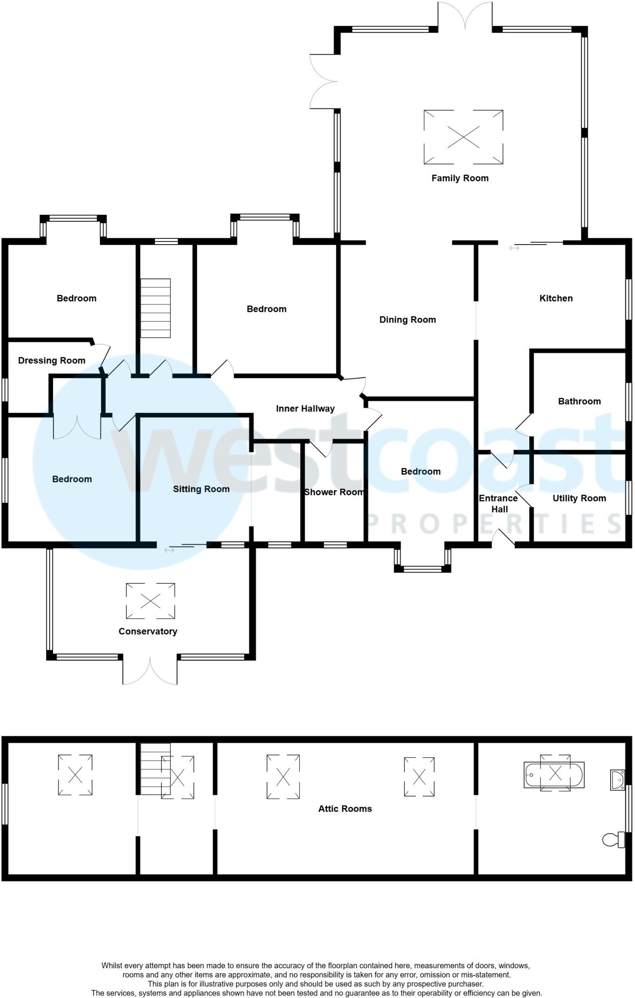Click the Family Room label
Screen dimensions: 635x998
click(x=460, y=178)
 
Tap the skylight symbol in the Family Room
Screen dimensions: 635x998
click(x=463, y=137)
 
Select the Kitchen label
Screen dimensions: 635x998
click(x=556, y=298)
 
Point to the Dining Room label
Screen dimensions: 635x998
click(x=407, y=320)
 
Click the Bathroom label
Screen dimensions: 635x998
click(x=579, y=401)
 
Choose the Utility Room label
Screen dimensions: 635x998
click(x=579, y=498)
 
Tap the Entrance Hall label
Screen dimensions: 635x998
click(x=498, y=503)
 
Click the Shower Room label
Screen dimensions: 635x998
click(x=334, y=492)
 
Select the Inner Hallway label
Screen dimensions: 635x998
click(x=305, y=408)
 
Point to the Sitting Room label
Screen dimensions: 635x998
click(x=201, y=489)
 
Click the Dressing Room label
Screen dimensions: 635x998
click(x=52, y=361)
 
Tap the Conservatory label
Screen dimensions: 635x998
click(x=148, y=631)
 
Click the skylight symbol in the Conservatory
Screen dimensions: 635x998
click(x=150, y=601)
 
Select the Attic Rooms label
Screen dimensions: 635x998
click(x=345, y=808)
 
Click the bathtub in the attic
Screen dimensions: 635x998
click(x=554, y=774)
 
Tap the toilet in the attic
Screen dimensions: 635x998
click(x=614, y=839)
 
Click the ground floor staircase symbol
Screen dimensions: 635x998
click(x=155, y=308)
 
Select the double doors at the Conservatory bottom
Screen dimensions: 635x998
click(x=150, y=671)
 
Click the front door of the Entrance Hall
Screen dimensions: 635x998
click(x=503, y=539)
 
